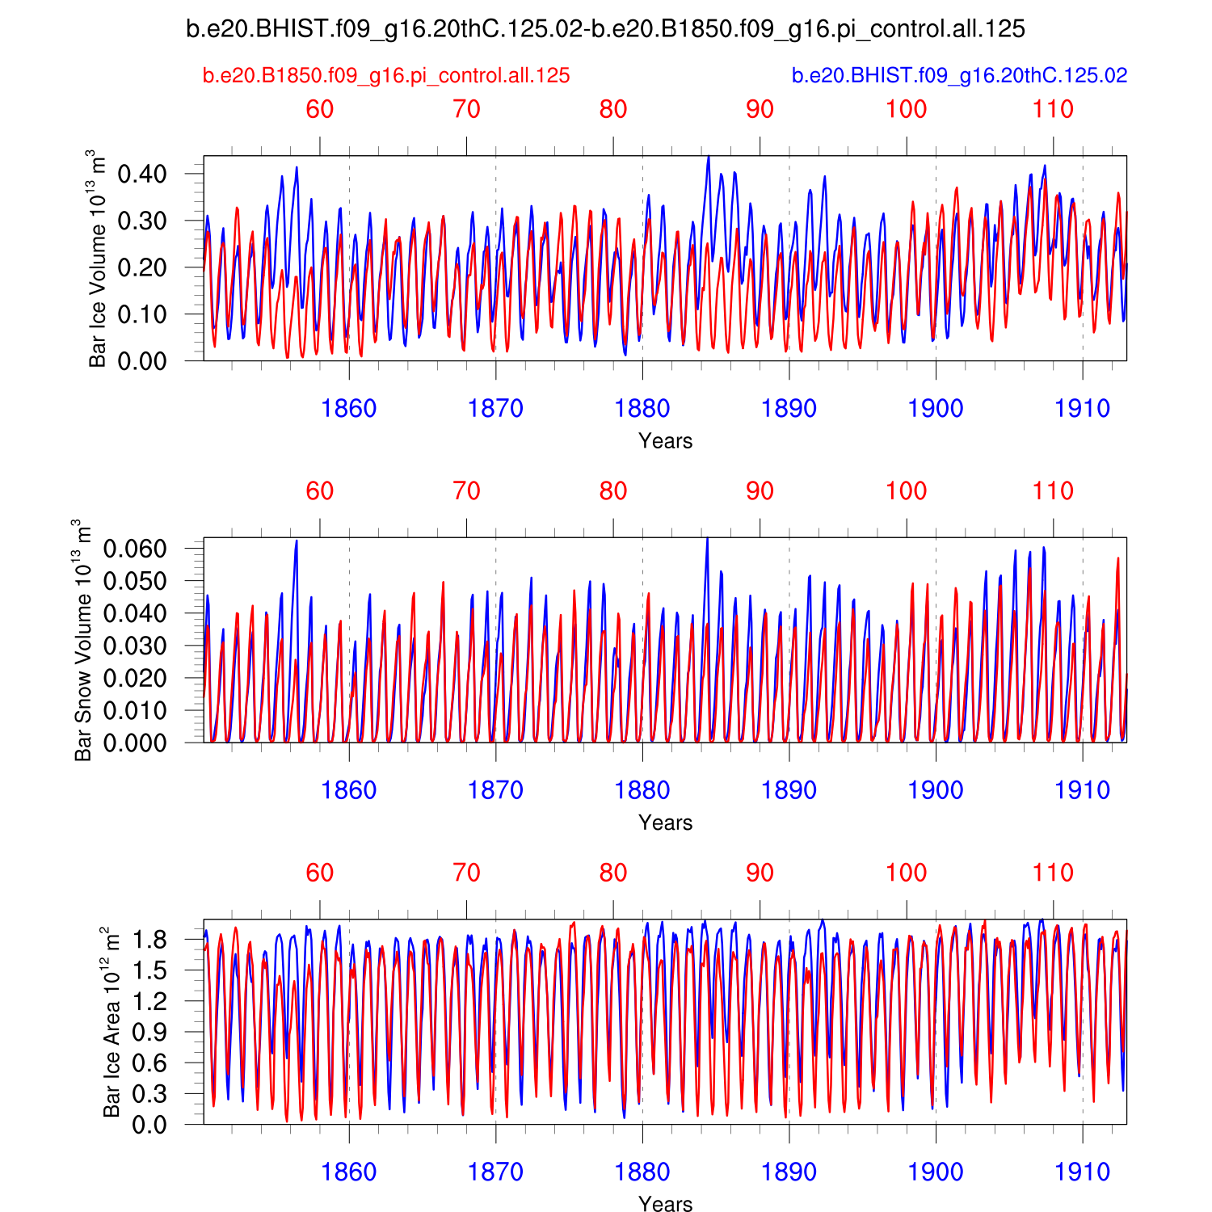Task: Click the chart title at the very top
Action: (605, 29)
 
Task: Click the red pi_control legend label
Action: (386, 76)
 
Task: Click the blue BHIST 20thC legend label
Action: (959, 76)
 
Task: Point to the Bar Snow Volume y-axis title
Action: (83, 640)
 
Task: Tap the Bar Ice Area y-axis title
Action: (112, 1023)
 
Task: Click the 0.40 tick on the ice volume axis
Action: (141, 174)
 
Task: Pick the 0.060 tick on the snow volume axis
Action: (135, 549)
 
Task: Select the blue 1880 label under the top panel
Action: (642, 409)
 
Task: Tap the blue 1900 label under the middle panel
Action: (936, 790)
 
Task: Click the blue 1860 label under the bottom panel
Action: (349, 1172)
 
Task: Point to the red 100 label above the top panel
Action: (907, 109)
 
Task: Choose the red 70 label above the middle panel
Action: (467, 491)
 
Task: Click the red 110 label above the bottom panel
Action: (1053, 873)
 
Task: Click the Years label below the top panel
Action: (665, 441)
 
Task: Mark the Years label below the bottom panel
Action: (665, 1204)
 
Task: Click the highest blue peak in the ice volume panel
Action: (709, 158)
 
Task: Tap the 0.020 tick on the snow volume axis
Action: (135, 678)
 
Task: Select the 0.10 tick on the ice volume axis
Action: (141, 314)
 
